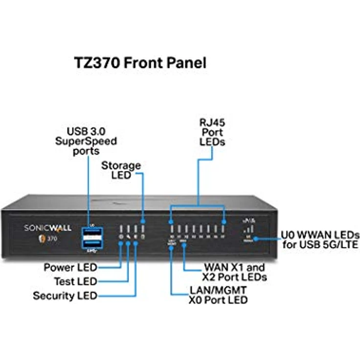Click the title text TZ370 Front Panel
pos(139,63)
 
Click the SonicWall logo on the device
pos(47,228)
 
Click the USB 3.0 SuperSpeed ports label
pos(92,141)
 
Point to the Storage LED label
pos(121,170)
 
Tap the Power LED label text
pos(70,268)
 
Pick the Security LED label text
pos(65,296)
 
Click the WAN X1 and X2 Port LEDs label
pos(234,272)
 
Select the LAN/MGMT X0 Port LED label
pos(218,294)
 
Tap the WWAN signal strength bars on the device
pos(249,228)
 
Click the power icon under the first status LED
pos(121,237)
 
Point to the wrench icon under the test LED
pos(128,237)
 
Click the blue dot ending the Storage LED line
pos(143,221)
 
